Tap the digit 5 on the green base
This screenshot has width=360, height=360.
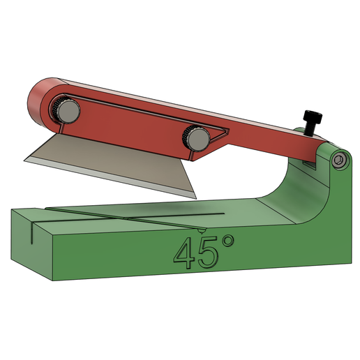pyautogui.click(x=207, y=254)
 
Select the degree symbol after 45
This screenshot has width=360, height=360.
pyautogui.click(x=227, y=243)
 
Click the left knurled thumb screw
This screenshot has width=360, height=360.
pyautogui.click(x=67, y=110)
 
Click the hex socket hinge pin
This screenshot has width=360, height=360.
pyautogui.click(x=339, y=161)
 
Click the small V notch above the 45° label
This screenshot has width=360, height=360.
pyautogui.click(x=202, y=230)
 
